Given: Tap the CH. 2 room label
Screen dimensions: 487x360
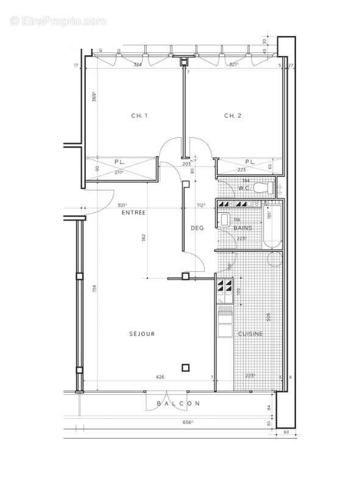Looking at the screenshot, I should pyautogui.click(x=233, y=116).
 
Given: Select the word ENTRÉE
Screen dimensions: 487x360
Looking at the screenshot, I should pyautogui.click(x=133, y=213).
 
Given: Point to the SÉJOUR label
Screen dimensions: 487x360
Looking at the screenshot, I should pyautogui.click(x=142, y=333).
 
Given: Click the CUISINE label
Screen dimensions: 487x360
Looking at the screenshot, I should pyautogui.click(x=250, y=333).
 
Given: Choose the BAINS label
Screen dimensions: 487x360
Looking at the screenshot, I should pyautogui.click(x=242, y=227).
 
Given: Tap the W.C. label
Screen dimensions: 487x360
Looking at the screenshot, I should pyautogui.click(x=245, y=188).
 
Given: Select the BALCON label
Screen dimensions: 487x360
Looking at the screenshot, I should pyautogui.click(x=178, y=403).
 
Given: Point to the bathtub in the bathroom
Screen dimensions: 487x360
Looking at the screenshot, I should pyautogui.click(x=272, y=226).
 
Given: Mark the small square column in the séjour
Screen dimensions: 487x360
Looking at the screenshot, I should pyautogui.click(x=185, y=367).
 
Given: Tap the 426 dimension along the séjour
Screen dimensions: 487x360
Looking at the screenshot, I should pyautogui.click(x=160, y=377).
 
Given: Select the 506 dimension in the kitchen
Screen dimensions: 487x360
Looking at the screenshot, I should pyautogui.click(x=268, y=317).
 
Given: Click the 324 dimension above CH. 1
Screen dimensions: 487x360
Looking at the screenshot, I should pyautogui.click(x=138, y=64).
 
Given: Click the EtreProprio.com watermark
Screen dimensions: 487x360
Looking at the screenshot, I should pyautogui.click(x=58, y=21).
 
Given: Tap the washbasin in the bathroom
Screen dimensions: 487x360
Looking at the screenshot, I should pyautogui.click(x=224, y=219).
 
